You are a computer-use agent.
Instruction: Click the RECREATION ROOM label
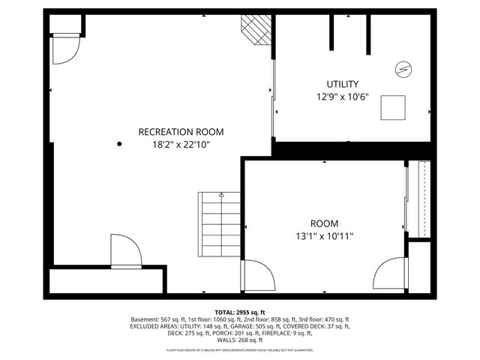181,132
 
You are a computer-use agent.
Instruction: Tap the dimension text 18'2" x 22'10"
181,145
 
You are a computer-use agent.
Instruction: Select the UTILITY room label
342,84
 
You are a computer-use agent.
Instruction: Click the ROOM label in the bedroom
324,223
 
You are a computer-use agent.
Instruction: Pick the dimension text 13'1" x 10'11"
324,236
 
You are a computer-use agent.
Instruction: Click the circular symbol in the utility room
403,69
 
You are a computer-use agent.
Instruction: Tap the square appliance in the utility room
394,108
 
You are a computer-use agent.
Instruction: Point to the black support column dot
118,143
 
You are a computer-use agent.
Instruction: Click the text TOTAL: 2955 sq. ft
239,311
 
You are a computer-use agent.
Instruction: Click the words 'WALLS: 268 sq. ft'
239,340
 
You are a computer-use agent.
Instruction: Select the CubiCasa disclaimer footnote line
239,350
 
